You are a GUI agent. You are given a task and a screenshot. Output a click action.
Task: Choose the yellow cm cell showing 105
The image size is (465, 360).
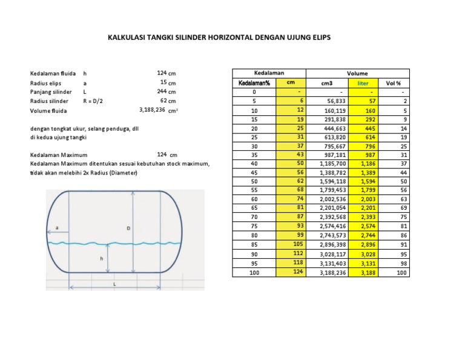click(x=297, y=244)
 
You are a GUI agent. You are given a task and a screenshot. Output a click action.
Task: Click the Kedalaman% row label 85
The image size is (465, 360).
click(x=254, y=244)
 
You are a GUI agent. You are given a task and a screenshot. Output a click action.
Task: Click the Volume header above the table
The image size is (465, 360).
click(x=357, y=73)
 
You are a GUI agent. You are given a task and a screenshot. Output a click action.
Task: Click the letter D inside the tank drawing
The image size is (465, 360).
click(x=128, y=228)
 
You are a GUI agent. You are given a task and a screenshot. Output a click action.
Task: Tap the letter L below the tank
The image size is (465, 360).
click(x=114, y=283)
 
